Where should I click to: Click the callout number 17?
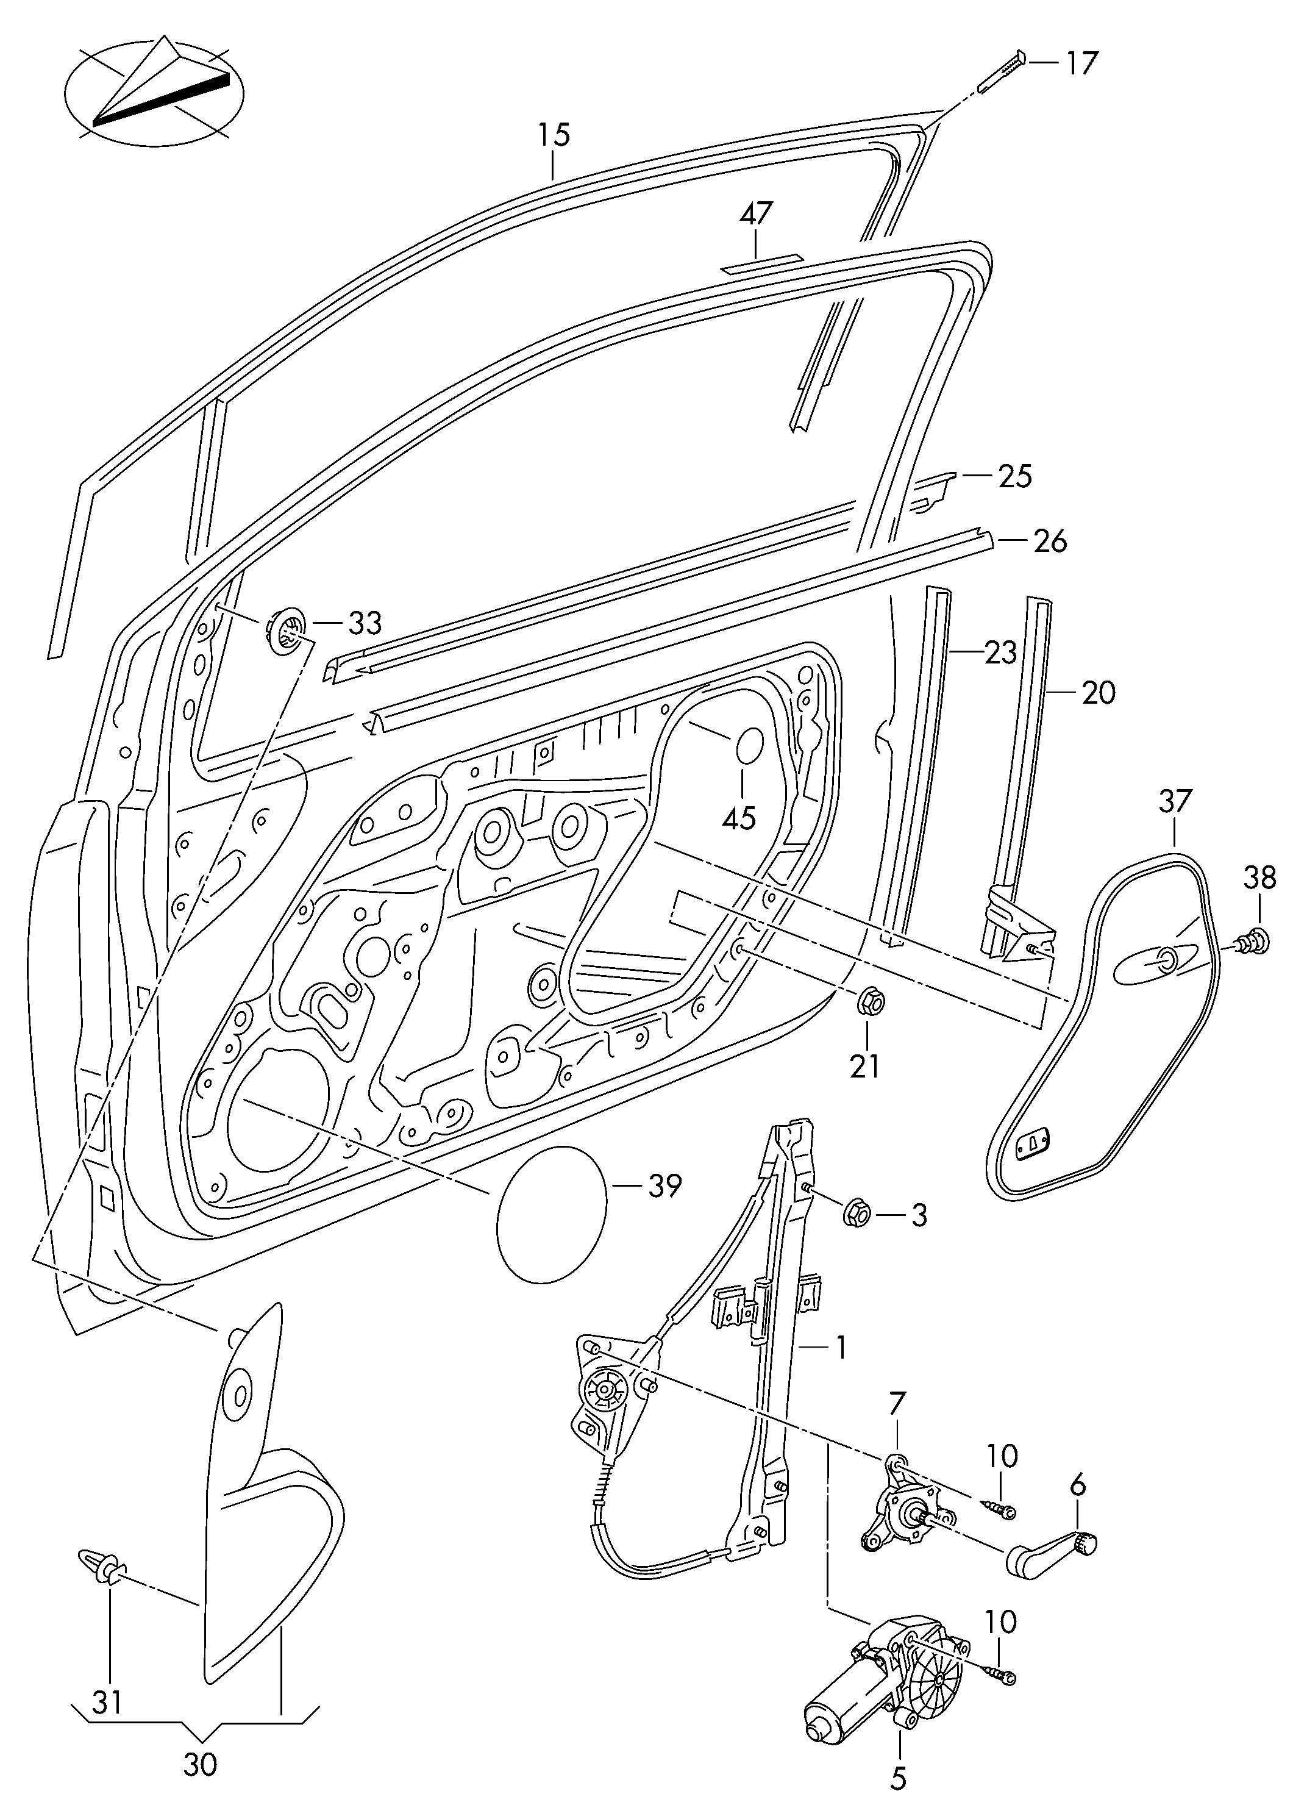click(1082, 62)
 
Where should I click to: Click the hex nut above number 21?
click(869, 1001)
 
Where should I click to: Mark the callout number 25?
click(1014, 476)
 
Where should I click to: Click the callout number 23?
click(1001, 652)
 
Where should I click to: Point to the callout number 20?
click(1099, 692)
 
